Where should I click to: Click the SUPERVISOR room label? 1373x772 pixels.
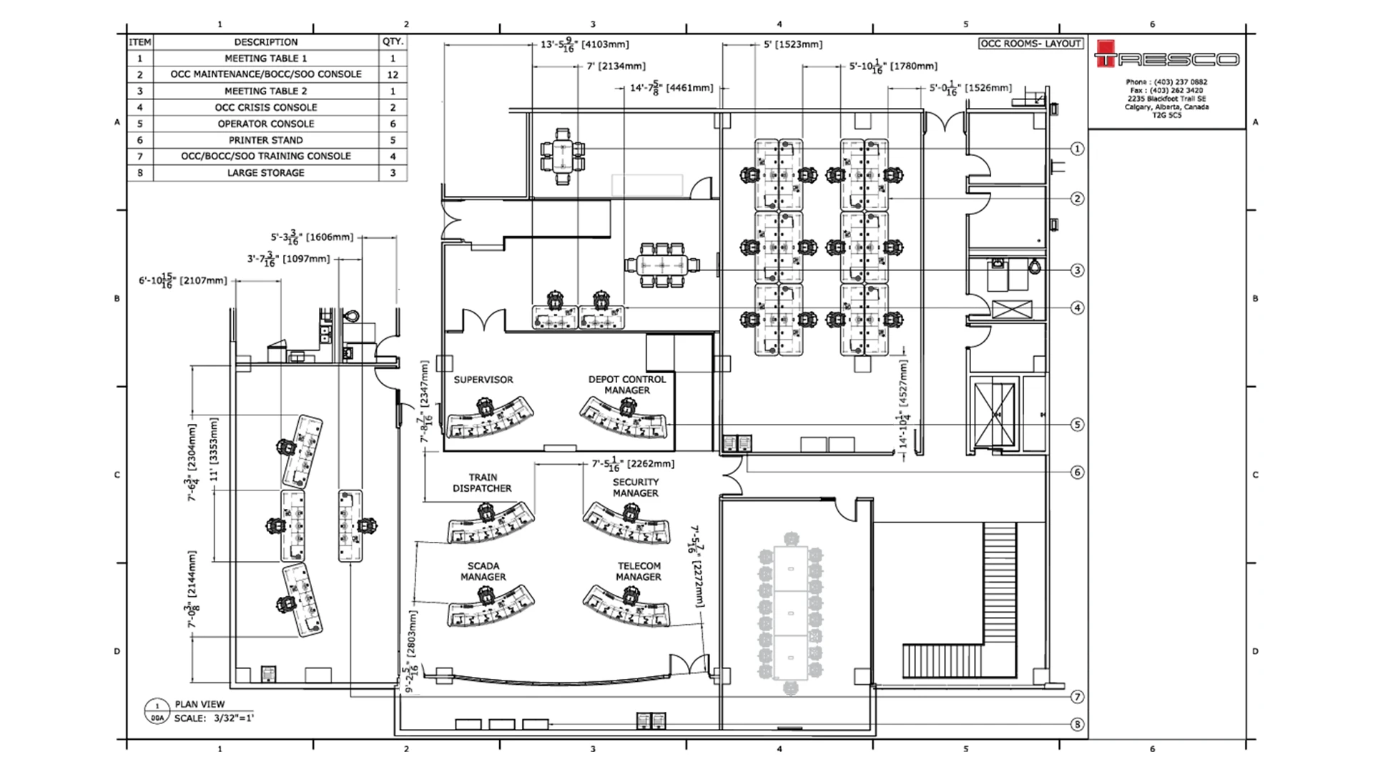coord(483,380)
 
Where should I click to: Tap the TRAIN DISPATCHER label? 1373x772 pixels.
coord(482,482)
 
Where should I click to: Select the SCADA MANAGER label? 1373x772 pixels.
coord(483,571)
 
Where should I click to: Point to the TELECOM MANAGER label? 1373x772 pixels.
coord(639,571)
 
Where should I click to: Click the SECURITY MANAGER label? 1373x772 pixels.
coord(635,488)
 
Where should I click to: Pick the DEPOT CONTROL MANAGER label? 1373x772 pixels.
coord(626,385)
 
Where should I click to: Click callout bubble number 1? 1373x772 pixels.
coord(1077,149)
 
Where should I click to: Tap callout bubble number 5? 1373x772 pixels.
coord(1077,425)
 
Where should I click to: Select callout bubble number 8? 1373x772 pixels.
coord(1077,724)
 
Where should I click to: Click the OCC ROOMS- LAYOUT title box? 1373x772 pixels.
coord(1030,44)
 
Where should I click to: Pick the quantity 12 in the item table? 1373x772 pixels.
coord(393,74)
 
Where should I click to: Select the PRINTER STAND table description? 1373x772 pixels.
coord(265,140)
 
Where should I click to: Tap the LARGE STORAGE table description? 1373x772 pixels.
coord(265,173)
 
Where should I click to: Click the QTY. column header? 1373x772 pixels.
coord(393,41)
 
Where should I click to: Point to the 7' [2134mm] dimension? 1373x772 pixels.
coord(616,66)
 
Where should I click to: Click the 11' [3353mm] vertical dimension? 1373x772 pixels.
coord(213,450)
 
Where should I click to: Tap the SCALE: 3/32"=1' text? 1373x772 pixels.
coord(214,718)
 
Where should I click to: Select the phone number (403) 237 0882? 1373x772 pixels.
coord(1180,82)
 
